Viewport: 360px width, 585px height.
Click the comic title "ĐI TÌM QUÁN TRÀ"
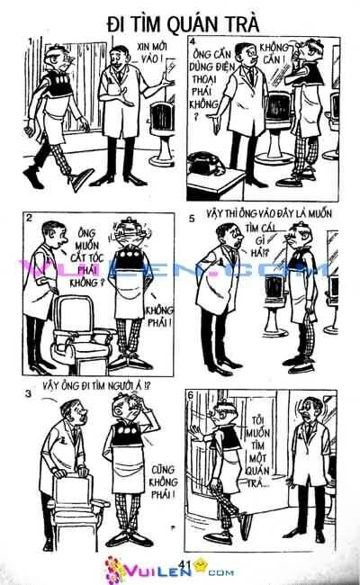point(183,24)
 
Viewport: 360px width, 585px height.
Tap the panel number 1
point(31,40)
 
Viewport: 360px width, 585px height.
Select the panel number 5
point(192,219)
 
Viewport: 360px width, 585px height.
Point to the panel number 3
point(29,393)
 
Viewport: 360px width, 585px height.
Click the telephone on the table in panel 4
point(205,163)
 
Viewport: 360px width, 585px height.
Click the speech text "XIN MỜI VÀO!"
point(152,52)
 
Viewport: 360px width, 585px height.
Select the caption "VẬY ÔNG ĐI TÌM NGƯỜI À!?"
point(96,385)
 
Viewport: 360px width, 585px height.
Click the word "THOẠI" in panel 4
point(204,79)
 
